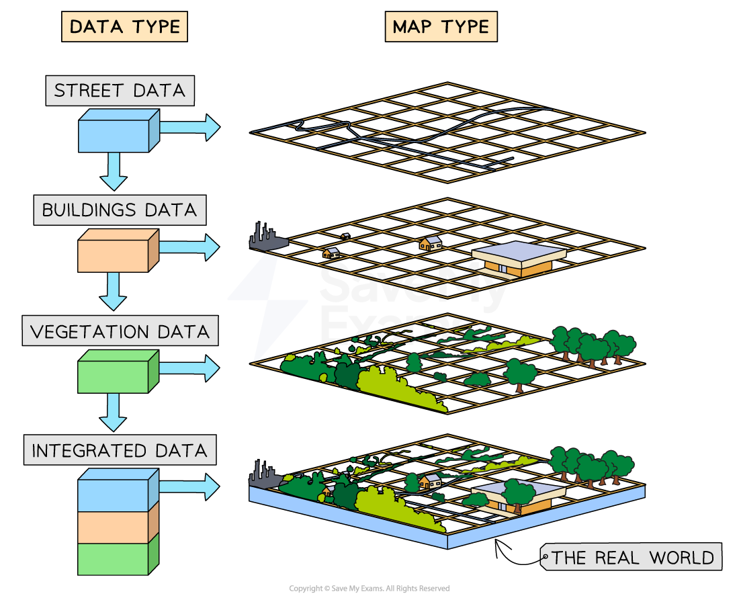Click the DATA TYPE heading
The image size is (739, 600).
click(x=124, y=27)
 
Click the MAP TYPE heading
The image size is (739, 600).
click(x=441, y=27)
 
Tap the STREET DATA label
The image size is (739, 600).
click(x=120, y=90)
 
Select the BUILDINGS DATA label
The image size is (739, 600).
click(x=120, y=210)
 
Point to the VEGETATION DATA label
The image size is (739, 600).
click(x=120, y=331)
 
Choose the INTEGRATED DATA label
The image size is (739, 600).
click(x=120, y=450)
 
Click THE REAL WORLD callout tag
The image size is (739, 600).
click(x=632, y=558)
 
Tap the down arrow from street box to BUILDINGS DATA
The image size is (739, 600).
click(x=114, y=171)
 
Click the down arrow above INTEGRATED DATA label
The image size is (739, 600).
click(x=114, y=412)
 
